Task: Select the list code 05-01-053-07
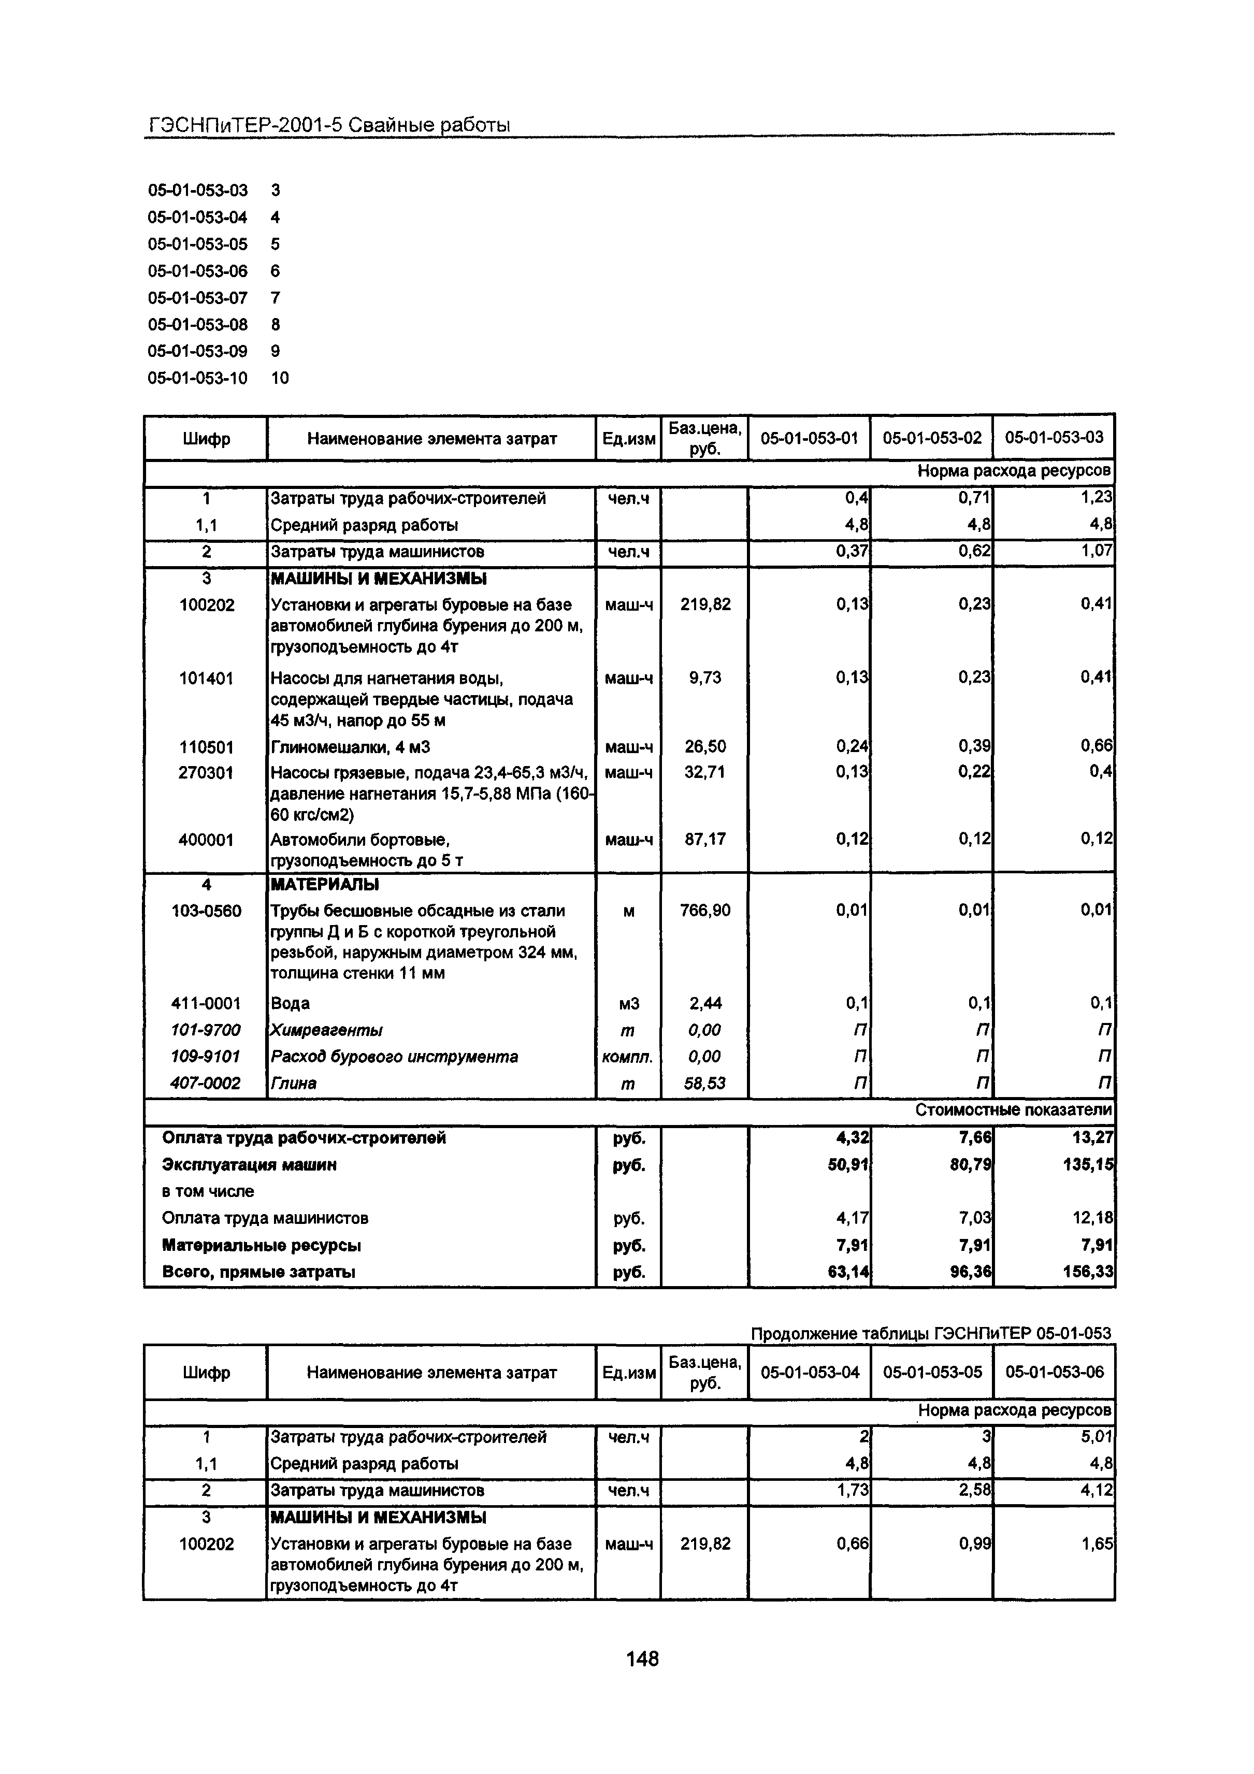click(x=198, y=297)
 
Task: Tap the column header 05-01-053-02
click(x=932, y=438)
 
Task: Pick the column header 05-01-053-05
click(x=932, y=1372)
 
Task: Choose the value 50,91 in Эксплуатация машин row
click(x=847, y=1164)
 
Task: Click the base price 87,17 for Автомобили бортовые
click(x=704, y=839)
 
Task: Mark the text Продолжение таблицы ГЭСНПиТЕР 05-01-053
click(x=931, y=1333)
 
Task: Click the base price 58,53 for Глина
click(x=704, y=1083)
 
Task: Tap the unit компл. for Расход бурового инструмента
click(x=627, y=1056)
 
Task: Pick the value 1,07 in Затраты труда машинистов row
click(x=1097, y=552)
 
